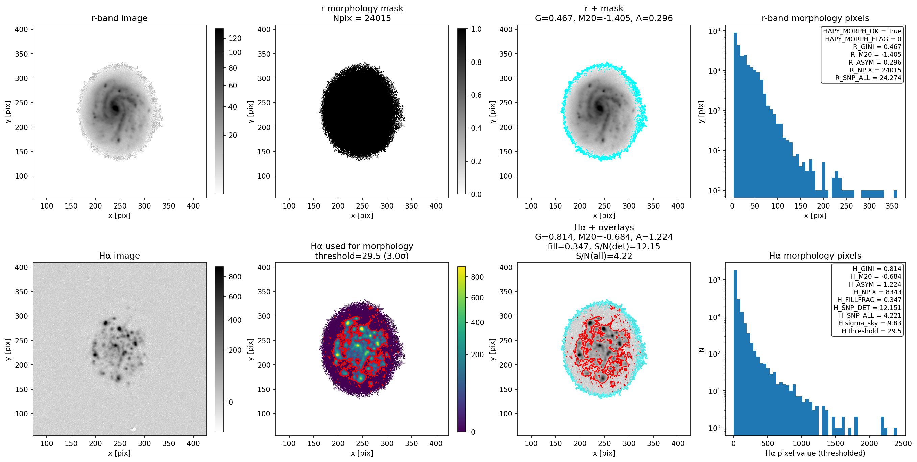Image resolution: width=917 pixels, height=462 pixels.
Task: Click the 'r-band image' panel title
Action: coord(119,18)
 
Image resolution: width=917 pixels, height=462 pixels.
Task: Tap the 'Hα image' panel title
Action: coord(119,256)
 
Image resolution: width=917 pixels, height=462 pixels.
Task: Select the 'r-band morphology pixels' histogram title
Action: coord(815,18)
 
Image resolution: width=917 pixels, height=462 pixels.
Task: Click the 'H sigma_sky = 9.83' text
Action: coord(870,323)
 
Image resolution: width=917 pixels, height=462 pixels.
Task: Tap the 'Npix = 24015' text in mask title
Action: coord(362,18)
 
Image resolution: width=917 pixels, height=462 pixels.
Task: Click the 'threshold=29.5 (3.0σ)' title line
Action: coord(362,256)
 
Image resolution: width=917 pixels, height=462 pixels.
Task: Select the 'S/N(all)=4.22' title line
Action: coord(604,256)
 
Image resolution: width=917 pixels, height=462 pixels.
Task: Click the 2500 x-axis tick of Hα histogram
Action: coord(903,443)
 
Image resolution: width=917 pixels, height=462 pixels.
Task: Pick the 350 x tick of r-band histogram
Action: coord(892,206)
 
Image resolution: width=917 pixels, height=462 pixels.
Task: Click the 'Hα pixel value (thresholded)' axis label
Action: coord(815,453)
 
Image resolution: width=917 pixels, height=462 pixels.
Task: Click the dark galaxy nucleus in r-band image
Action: coord(115,107)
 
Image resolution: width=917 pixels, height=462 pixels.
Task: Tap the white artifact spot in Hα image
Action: coord(134,429)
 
